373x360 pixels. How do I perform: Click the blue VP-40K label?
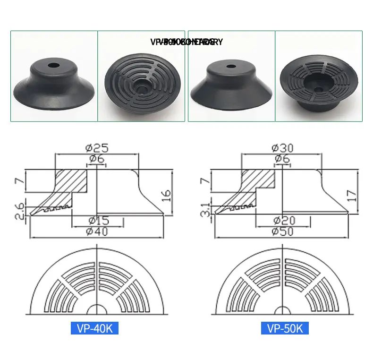pyautogui.click(x=94, y=328)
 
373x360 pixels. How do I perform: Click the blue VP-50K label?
pyautogui.click(x=285, y=328)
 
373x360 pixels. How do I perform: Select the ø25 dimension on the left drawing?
pyautogui.click(x=97, y=147)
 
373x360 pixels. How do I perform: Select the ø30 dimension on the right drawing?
pyautogui.click(x=282, y=147)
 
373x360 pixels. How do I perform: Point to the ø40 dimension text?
pyautogui.click(x=97, y=231)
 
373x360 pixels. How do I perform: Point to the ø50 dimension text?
pyautogui.click(x=282, y=231)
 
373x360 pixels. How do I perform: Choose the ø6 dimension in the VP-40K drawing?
pyautogui.click(x=97, y=159)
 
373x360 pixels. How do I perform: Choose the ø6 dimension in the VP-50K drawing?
pyautogui.click(x=282, y=159)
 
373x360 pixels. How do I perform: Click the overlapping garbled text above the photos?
pyautogui.click(x=186, y=42)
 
